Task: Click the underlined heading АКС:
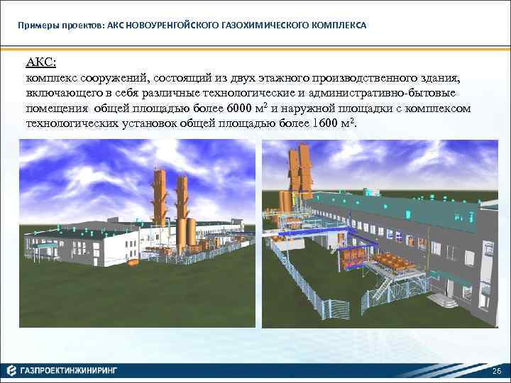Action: [x=40, y=62]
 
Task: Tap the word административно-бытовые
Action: [x=400, y=92]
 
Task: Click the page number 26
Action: [x=495, y=372]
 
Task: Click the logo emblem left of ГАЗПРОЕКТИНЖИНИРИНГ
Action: [x=11, y=370]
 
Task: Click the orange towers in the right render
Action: [x=299, y=174]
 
